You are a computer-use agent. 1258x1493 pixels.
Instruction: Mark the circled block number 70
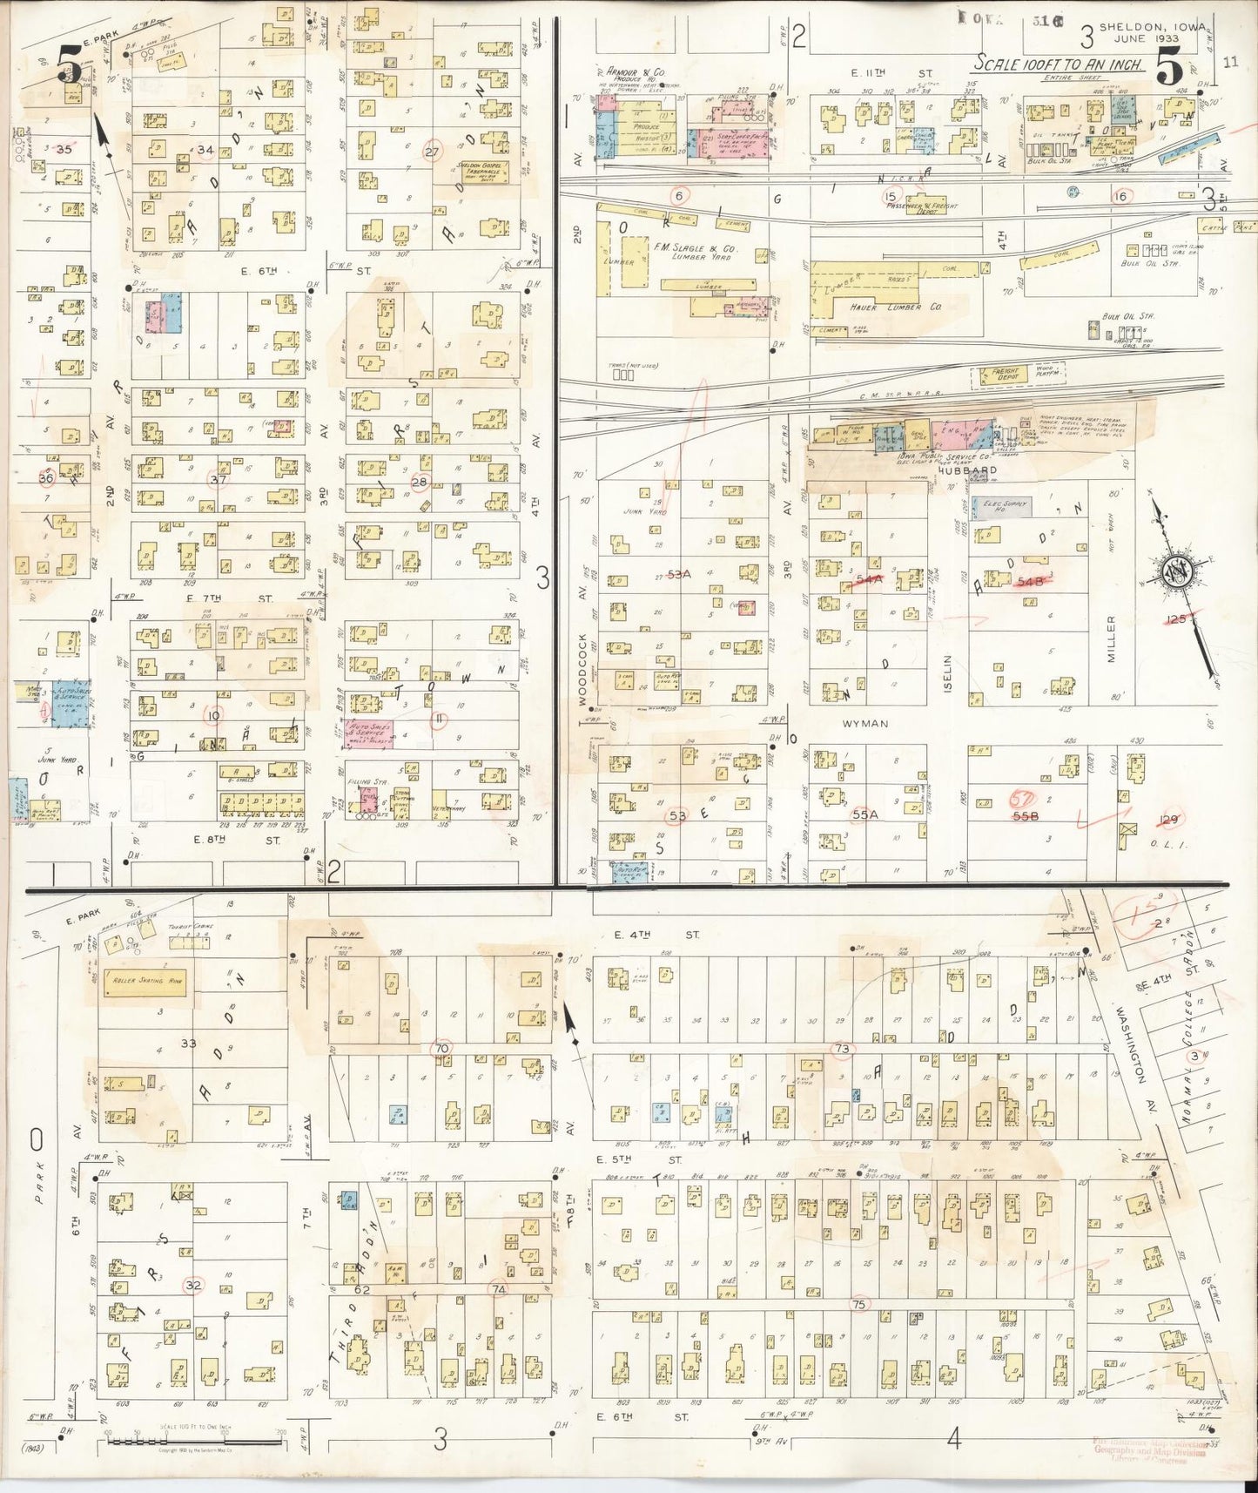coord(442,1049)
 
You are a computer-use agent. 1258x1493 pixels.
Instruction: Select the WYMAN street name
coord(864,723)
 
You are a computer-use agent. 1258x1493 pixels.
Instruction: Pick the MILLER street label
coord(1111,638)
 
